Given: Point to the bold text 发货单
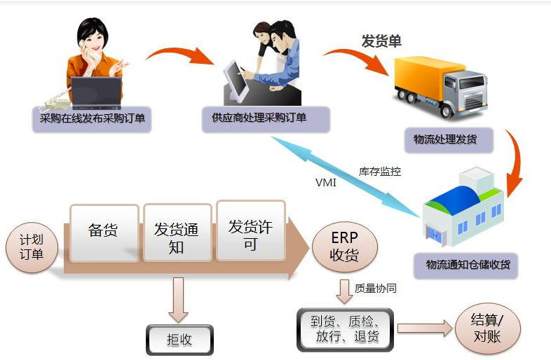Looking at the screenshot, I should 381,41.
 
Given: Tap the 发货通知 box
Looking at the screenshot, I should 177,237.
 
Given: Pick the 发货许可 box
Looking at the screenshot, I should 250,235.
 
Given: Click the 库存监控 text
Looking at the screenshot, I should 379,171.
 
